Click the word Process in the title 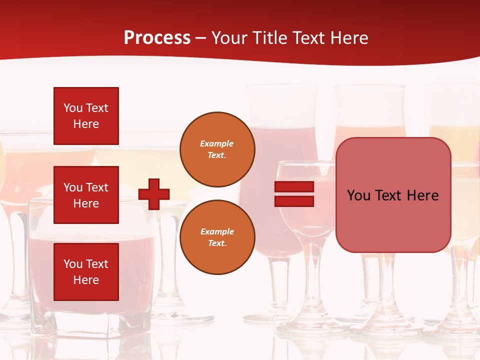157,38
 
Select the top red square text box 86,116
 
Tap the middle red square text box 86,195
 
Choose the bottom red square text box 86,272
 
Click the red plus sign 154,194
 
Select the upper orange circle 217,149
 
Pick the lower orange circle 217,237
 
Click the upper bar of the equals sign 294,186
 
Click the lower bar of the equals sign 294,201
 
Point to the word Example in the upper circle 217,143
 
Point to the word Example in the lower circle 217,231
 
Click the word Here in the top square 86,124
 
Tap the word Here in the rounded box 423,195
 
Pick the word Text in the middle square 97,187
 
